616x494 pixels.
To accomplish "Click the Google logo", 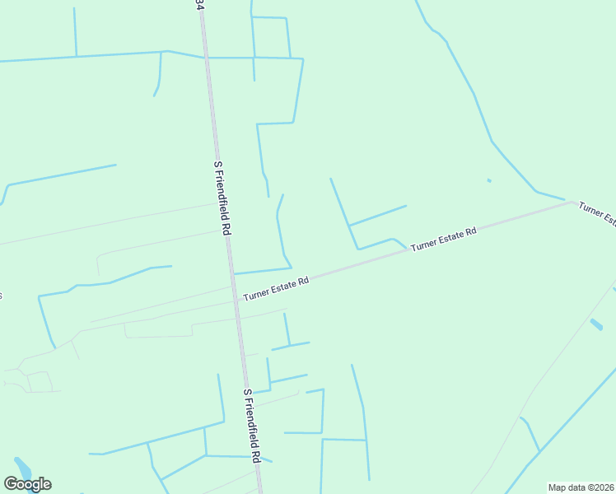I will coord(28,484).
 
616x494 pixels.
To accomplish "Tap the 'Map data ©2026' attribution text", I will coord(581,487).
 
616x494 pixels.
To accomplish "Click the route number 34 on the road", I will coord(199,5).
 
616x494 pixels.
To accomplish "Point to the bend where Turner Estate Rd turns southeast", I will coord(571,201).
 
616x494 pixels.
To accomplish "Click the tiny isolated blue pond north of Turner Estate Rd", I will coord(489,180).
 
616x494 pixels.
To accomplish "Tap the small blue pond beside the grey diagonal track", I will coord(595,324).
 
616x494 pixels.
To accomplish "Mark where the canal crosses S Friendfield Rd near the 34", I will coord(205,58).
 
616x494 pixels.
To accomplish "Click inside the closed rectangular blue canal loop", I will coord(272,37).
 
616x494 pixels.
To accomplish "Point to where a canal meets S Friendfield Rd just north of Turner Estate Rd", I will coord(234,273).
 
